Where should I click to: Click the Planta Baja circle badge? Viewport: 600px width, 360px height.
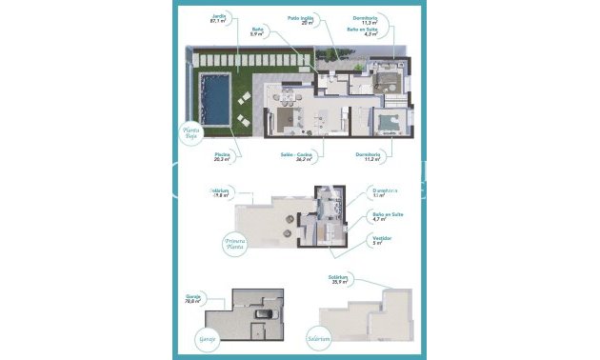(193, 133)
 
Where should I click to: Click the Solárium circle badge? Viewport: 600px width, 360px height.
(317, 337)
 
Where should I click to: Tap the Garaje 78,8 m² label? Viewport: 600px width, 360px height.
(195, 299)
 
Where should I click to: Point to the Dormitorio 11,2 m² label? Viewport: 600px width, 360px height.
(368, 156)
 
